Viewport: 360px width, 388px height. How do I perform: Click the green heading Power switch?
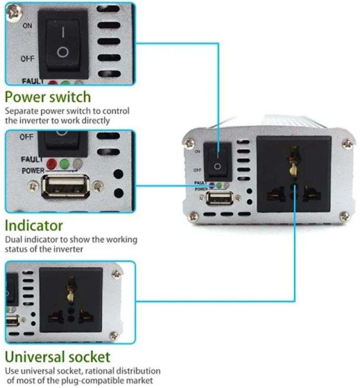tap(48, 96)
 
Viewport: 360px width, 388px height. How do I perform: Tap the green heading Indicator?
tap(34, 226)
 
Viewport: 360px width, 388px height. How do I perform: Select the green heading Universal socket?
tap(58, 356)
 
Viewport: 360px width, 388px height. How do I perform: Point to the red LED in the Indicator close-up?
tap(51, 164)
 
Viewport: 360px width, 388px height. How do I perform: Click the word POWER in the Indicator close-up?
tap(33, 170)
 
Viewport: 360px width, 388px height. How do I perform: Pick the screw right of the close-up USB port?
tap(99, 186)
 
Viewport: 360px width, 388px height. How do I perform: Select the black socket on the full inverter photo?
tap(294, 174)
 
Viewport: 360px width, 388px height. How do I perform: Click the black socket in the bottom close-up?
tap(71, 299)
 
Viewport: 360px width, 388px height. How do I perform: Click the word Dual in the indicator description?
tap(14, 240)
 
